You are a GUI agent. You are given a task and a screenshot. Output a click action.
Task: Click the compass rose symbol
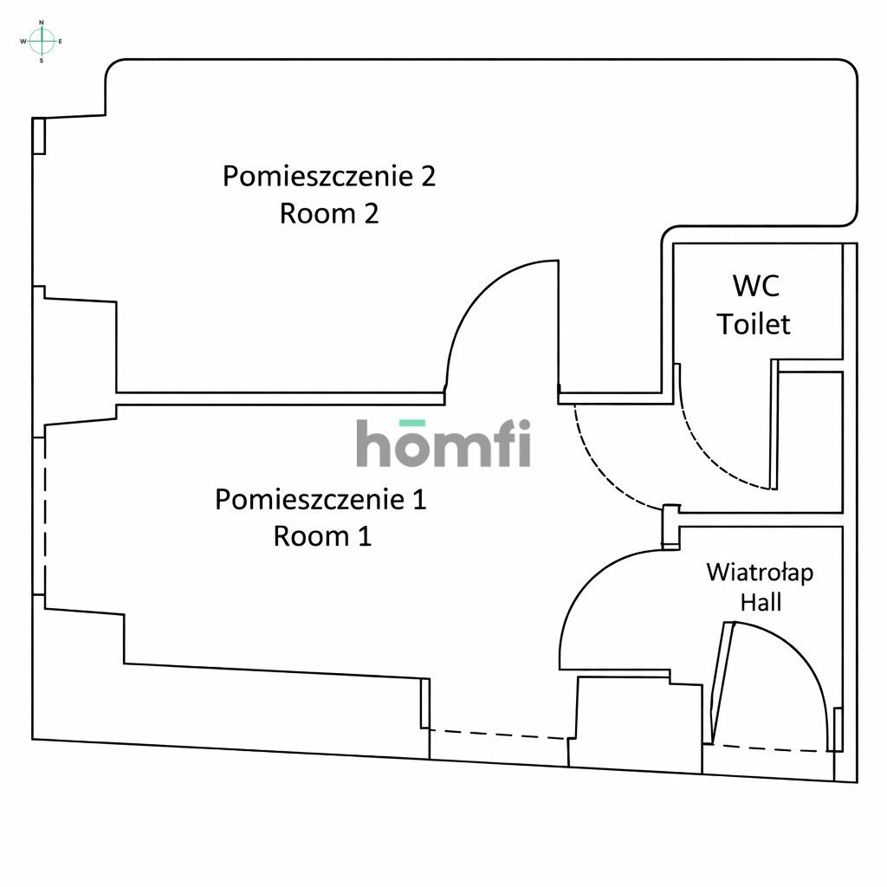42,40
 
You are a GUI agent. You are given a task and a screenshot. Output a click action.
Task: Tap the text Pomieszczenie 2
328,176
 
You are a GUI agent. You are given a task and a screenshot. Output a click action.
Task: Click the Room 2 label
328,213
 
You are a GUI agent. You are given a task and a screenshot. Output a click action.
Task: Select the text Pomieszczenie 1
320,500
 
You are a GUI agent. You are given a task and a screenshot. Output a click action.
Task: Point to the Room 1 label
322,536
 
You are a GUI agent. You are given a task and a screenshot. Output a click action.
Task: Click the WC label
755,285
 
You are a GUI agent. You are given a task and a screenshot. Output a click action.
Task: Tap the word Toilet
754,324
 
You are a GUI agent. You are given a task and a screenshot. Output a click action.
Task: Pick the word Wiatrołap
760,573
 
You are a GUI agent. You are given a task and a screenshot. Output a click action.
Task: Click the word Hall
761,602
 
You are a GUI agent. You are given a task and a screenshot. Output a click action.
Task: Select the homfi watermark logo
443,443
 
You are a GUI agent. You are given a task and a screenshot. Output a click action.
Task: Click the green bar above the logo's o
411,423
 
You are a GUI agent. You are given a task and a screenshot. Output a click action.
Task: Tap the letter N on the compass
42,23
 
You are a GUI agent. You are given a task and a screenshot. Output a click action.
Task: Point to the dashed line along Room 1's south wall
498,735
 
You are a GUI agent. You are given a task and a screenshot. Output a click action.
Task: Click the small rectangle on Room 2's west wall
38,136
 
